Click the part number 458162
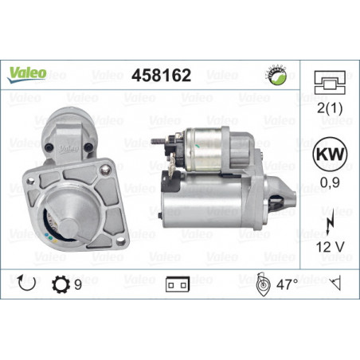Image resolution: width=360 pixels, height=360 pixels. pos(161,75)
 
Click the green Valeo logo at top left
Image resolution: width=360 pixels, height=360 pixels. pos(27,74)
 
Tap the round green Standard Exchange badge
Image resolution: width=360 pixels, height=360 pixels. pos(276,75)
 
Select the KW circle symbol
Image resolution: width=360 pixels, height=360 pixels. pos(330,155)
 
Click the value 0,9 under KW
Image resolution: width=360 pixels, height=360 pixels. pos(330,182)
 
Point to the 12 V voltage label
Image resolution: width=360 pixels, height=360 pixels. pos(330,247)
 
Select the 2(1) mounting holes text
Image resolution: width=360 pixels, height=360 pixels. pos(330,108)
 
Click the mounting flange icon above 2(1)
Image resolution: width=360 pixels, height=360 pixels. pos(330,83)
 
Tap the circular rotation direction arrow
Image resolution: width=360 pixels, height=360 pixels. pos(26,283)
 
